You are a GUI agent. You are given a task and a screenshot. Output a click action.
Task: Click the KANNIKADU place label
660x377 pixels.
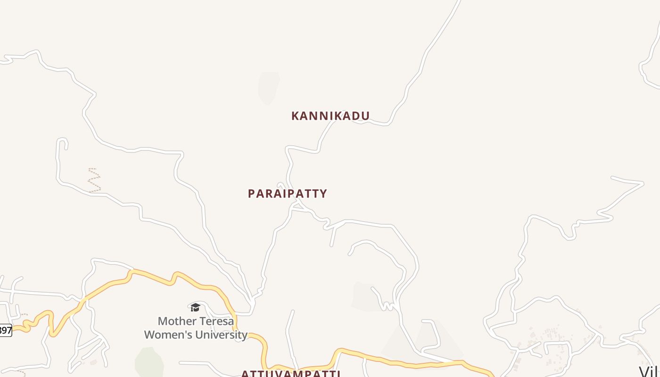330,116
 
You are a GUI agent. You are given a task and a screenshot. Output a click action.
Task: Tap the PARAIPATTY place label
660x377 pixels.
287,194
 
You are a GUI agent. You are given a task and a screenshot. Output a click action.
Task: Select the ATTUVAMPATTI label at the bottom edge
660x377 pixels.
290,374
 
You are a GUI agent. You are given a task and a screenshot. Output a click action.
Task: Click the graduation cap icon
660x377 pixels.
195,308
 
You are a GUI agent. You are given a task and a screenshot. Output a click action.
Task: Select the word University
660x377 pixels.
223,335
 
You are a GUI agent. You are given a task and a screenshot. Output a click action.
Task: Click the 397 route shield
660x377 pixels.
5,330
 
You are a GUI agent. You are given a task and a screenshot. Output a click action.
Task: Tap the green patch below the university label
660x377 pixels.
149,362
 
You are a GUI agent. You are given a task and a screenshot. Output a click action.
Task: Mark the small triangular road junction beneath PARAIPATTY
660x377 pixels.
297,206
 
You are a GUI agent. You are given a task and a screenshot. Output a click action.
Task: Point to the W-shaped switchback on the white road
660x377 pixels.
388,306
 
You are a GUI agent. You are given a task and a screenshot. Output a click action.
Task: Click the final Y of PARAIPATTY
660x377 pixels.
323,194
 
